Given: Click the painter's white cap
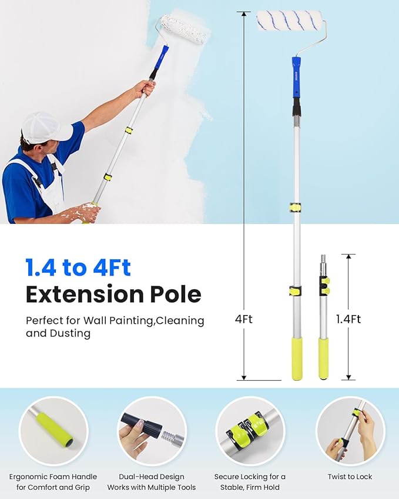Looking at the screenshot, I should click(x=45, y=126).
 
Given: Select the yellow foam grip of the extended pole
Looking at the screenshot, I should click(x=297, y=359).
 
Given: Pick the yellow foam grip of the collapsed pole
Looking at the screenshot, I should click(x=323, y=357).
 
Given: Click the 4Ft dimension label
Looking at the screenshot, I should click(x=243, y=320).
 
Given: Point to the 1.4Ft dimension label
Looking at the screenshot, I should click(x=348, y=319).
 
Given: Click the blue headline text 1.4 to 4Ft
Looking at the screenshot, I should click(x=78, y=268).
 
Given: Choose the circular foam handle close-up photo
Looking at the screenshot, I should click(x=53, y=431).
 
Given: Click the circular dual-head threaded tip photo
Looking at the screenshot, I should click(x=152, y=431).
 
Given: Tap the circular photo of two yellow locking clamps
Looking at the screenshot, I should click(x=250, y=431).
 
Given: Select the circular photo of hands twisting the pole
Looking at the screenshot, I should click(x=350, y=431).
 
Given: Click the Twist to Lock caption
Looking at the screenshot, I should click(x=350, y=477).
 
